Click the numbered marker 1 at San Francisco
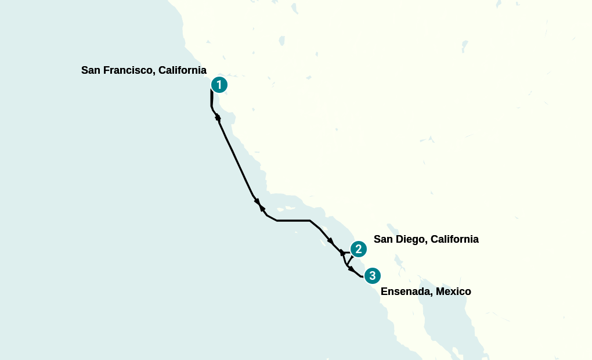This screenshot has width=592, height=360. click(x=219, y=85)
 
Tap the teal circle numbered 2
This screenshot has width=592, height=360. click(x=359, y=249)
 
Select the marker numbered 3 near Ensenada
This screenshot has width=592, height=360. click(x=372, y=275)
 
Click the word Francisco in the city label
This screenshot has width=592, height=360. click(x=128, y=70)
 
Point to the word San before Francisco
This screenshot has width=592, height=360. click(x=91, y=70)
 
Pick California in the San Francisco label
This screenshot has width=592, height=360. click(x=182, y=70)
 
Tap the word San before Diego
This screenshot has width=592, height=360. click(x=383, y=239)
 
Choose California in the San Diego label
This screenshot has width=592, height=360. click(x=454, y=239)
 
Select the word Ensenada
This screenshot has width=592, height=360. click(x=404, y=291)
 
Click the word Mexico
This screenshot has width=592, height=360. click(x=452, y=291)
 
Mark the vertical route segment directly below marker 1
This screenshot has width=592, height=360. click(x=211, y=99)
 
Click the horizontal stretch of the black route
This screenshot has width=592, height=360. click(x=293, y=221)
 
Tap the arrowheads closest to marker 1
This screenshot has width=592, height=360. click(x=218, y=118)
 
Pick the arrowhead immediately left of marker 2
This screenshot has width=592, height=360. click(x=342, y=253)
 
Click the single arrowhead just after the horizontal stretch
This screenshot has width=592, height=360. click(x=330, y=240)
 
